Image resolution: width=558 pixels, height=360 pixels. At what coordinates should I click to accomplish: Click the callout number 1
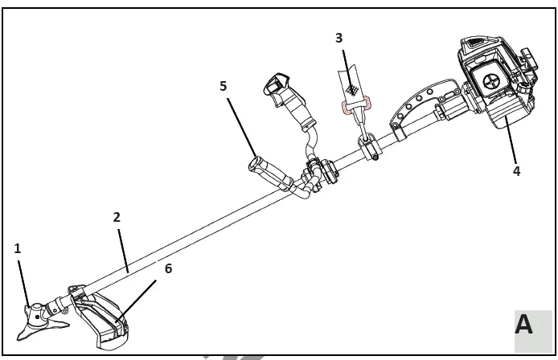18,248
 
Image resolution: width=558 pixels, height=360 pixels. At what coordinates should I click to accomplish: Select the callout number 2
117,217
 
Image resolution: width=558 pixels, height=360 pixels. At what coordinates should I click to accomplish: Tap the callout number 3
339,38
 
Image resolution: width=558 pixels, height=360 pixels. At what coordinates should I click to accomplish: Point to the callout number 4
517,171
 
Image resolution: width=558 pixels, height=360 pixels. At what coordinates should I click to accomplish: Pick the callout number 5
223,86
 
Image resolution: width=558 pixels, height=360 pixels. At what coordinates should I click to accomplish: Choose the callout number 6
167,268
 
